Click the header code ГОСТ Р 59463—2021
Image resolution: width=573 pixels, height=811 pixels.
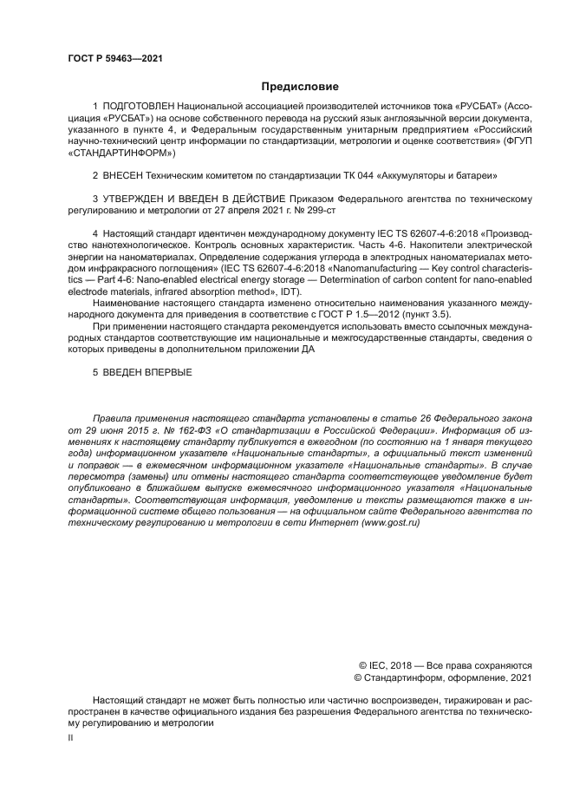coord(114,59)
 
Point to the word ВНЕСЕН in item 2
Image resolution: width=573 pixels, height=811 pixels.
coord(126,175)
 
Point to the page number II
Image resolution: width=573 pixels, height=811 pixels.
coord(71,738)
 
